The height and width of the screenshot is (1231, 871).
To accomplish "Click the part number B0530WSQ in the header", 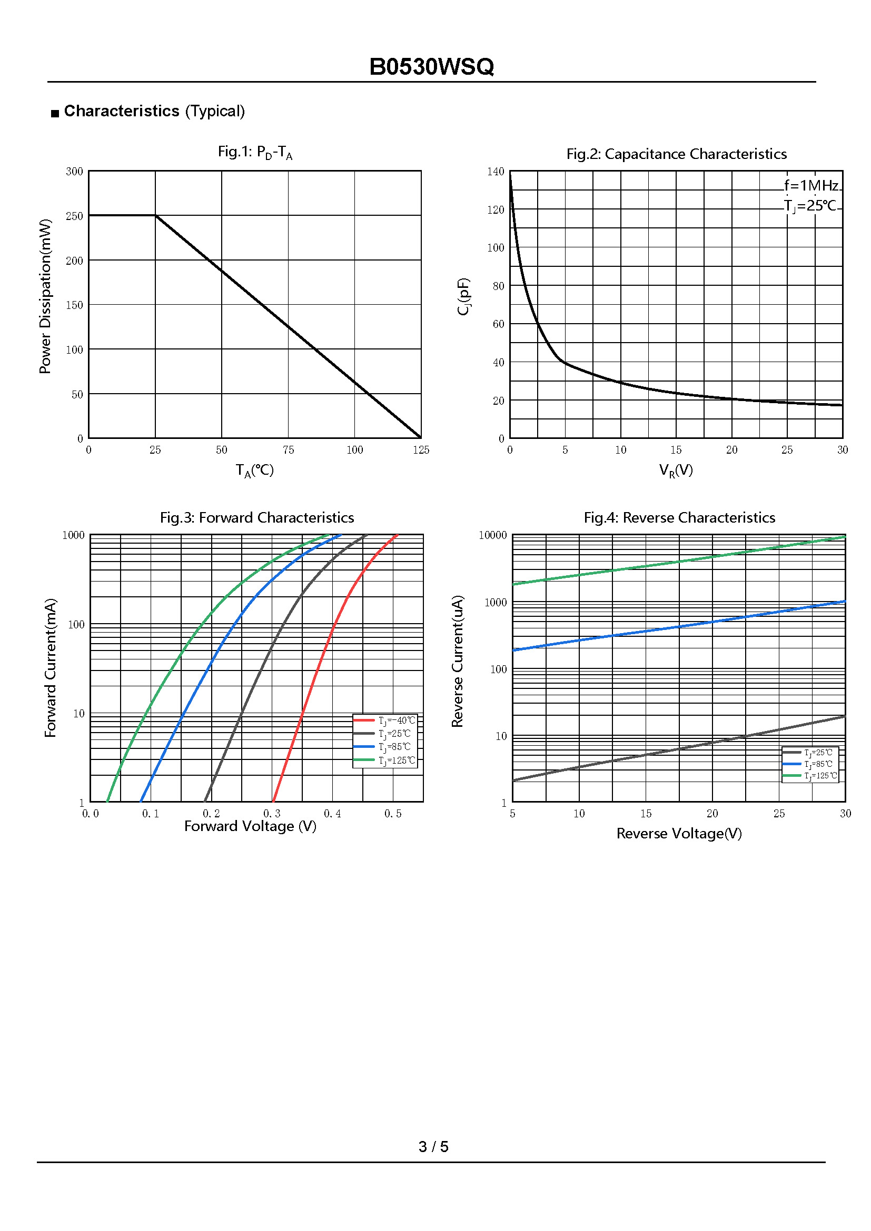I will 431,67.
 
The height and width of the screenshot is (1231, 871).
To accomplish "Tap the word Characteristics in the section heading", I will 121,111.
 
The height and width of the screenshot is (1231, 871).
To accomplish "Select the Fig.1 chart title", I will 255,153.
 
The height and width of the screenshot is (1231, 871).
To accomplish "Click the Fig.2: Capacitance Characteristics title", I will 676,154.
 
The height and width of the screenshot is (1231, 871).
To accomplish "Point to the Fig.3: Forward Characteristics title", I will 257,517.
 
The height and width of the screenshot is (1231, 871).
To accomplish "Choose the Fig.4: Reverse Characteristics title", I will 679,517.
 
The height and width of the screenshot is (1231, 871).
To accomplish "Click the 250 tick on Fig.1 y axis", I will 75,216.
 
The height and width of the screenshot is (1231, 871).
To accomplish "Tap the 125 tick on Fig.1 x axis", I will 421,450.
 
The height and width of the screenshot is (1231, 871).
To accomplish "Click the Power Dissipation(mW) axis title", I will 46,296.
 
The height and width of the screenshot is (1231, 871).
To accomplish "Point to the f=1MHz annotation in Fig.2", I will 811,185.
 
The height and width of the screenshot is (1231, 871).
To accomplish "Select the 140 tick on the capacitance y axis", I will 496,172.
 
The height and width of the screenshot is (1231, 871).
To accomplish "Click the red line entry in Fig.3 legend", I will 384,720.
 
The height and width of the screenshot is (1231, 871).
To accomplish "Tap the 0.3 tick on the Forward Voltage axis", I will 272,813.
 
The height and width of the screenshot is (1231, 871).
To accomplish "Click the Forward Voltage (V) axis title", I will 250,826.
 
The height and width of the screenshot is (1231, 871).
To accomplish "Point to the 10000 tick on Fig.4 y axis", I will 492,535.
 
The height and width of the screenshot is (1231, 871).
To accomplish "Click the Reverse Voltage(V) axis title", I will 679,833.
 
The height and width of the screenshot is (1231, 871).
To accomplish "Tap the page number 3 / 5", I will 433,1146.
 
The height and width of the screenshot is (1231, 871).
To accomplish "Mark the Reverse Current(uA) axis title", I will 458,660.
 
